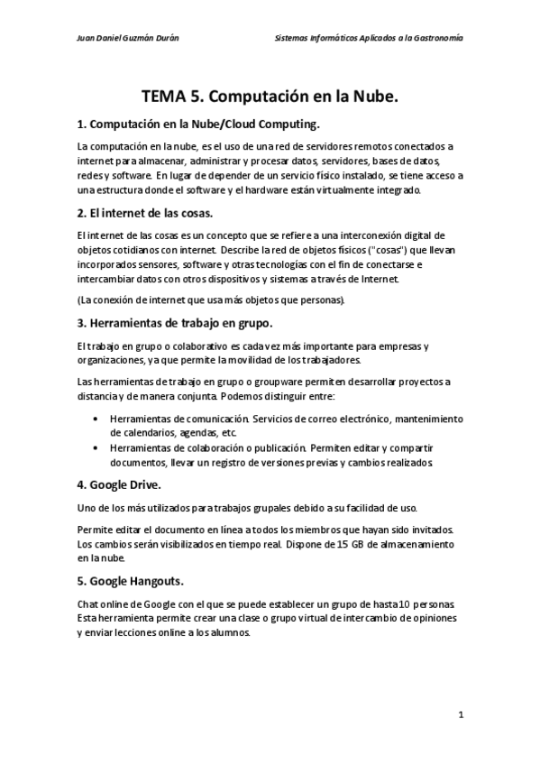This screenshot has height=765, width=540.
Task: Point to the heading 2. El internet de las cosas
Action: coord(145,213)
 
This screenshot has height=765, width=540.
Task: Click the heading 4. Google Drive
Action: coord(119,484)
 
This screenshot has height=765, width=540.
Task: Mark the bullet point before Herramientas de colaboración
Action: coord(96,447)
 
